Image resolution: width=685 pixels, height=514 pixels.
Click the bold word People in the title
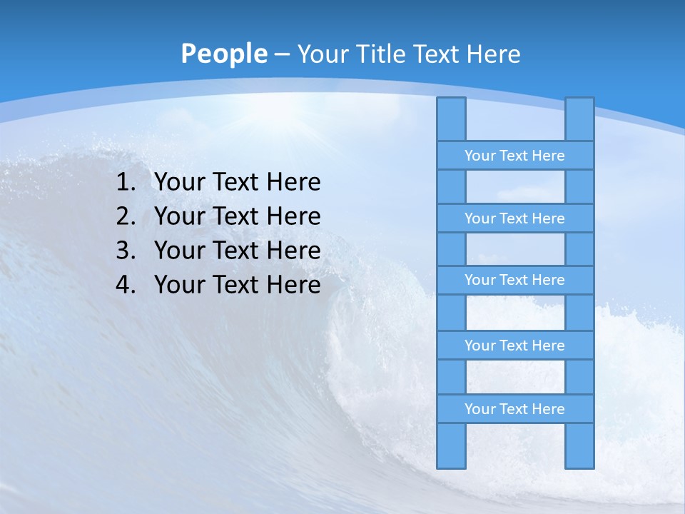223,54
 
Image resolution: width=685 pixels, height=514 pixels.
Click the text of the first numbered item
237,183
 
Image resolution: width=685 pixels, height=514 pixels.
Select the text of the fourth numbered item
237,285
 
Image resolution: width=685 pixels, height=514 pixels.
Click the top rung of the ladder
514,156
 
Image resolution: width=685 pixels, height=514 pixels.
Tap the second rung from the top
514,218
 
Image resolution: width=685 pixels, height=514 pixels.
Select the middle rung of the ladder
514,280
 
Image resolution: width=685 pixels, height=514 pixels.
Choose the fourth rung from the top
514,346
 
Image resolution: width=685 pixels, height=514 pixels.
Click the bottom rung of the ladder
514,409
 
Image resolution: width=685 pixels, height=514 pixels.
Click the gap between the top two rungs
515,187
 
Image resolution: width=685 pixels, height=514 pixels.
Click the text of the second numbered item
237,216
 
